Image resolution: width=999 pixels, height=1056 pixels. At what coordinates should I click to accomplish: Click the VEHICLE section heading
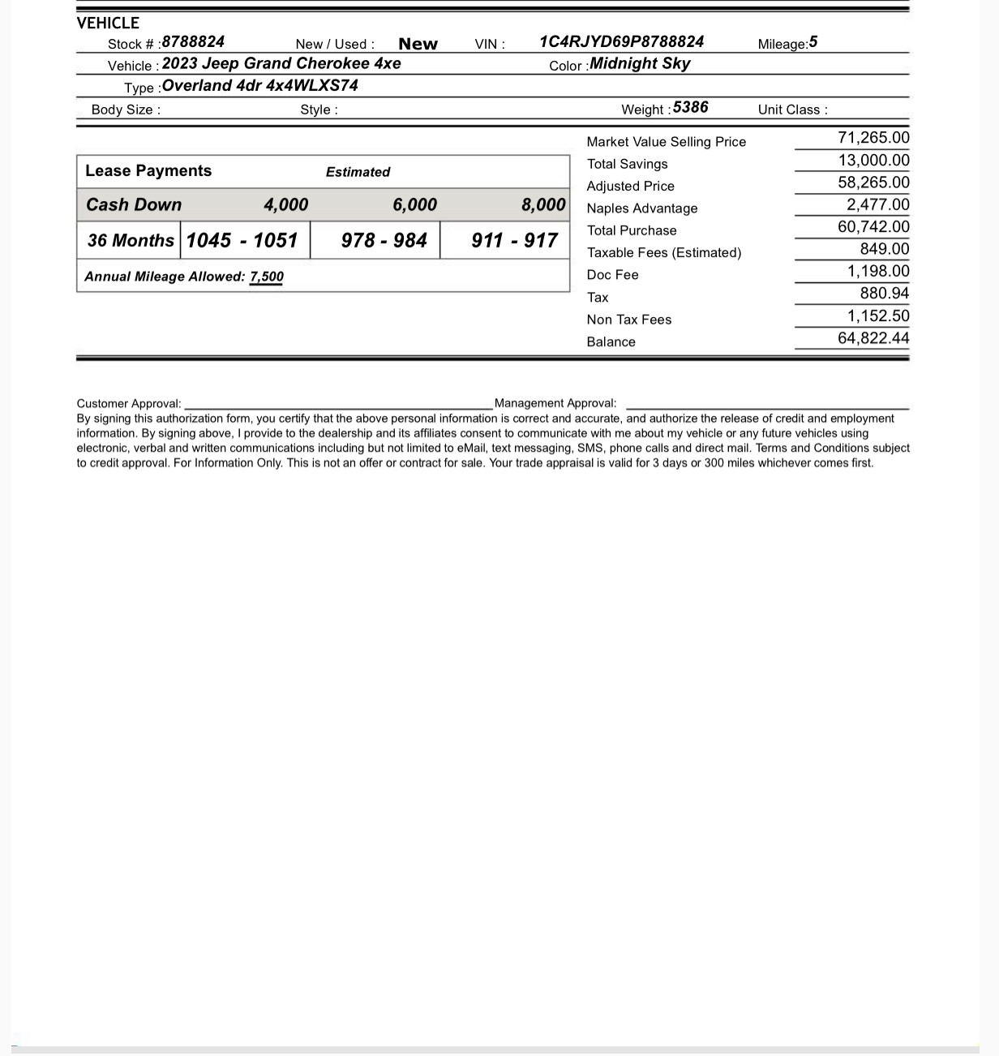[108, 23]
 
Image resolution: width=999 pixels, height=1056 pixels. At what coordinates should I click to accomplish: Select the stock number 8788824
[193, 42]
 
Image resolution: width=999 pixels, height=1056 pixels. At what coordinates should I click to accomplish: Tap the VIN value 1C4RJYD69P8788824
[621, 42]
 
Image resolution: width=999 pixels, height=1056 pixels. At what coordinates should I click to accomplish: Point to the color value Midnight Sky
[640, 64]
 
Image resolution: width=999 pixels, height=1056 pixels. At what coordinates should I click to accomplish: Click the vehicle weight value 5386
[690, 108]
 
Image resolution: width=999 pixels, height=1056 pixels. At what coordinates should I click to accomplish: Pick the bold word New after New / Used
[418, 44]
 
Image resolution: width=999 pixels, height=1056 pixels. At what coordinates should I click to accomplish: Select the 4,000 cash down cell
[285, 205]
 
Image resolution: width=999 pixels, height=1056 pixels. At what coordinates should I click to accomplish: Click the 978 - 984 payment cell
[384, 240]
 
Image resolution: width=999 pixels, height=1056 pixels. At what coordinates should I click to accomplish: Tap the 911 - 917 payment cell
[514, 240]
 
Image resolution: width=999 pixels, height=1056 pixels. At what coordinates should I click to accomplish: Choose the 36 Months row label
[131, 240]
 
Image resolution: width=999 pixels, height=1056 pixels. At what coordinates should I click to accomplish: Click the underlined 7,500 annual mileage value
[267, 277]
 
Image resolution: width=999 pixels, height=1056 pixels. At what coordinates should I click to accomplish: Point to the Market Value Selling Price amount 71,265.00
[873, 138]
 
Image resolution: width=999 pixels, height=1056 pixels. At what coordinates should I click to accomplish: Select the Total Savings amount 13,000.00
[873, 161]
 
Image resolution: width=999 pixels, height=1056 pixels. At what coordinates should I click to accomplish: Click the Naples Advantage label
[641, 208]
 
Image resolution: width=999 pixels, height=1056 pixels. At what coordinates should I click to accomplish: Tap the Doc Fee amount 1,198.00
[878, 272]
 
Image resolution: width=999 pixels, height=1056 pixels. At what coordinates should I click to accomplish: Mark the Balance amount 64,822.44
[873, 338]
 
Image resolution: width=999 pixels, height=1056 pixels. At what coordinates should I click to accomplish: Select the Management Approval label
[555, 403]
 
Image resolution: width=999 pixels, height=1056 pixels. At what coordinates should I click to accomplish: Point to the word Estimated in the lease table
[358, 172]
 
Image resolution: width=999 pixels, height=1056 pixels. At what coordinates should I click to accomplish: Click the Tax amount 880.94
[884, 294]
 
